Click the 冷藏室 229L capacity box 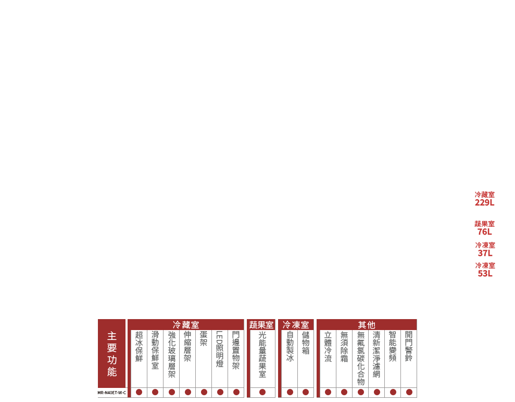pyautogui.click(x=484, y=198)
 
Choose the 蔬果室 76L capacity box pyautogui.click(x=484, y=228)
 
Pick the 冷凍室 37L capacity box pyautogui.click(x=484, y=249)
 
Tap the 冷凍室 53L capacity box pyautogui.click(x=484, y=270)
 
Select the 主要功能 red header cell pyautogui.click(x=112, y=354)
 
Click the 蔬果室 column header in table pyautogui.click(x=261, y=325)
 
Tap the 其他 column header pyautogui.click(x=367, y=325)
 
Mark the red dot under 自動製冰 pyautogui.click(x=290, y=392)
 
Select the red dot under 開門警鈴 pyautogui.click(x=409, y=392)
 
